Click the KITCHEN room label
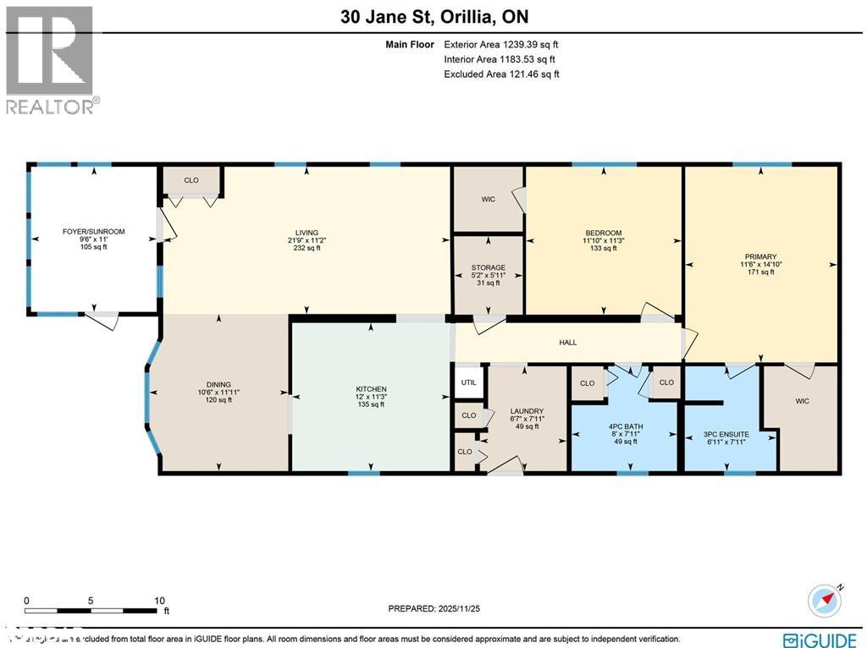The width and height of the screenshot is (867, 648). click(x=371, y=389)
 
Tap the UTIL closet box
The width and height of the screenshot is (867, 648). click(x=469, y=382)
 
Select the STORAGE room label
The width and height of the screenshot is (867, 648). click(x=489, y=268)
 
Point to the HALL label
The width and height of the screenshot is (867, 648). click(x=567, y=342)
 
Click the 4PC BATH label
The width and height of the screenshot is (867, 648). click(x=625, y=426)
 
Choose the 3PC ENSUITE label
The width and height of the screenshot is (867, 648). click(x=726, y=434)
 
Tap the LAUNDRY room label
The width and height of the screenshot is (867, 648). click(x=527, y=411)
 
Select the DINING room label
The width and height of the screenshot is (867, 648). click(x=218, y=385)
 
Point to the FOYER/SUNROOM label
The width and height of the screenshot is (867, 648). click(x=93, y=231)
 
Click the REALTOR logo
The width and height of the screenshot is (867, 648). click(x=51, y=59)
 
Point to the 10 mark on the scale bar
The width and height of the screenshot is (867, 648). click(x=159, y=601)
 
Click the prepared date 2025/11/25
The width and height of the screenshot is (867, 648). click(x=433, y=608)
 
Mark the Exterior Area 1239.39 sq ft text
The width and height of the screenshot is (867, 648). click(x=501, y=44)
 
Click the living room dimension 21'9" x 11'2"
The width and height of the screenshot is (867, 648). click(x=306, y=240)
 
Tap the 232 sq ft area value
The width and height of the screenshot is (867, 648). click(x=306, y=249)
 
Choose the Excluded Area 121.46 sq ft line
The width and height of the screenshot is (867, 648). click(x=501, y=74)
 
